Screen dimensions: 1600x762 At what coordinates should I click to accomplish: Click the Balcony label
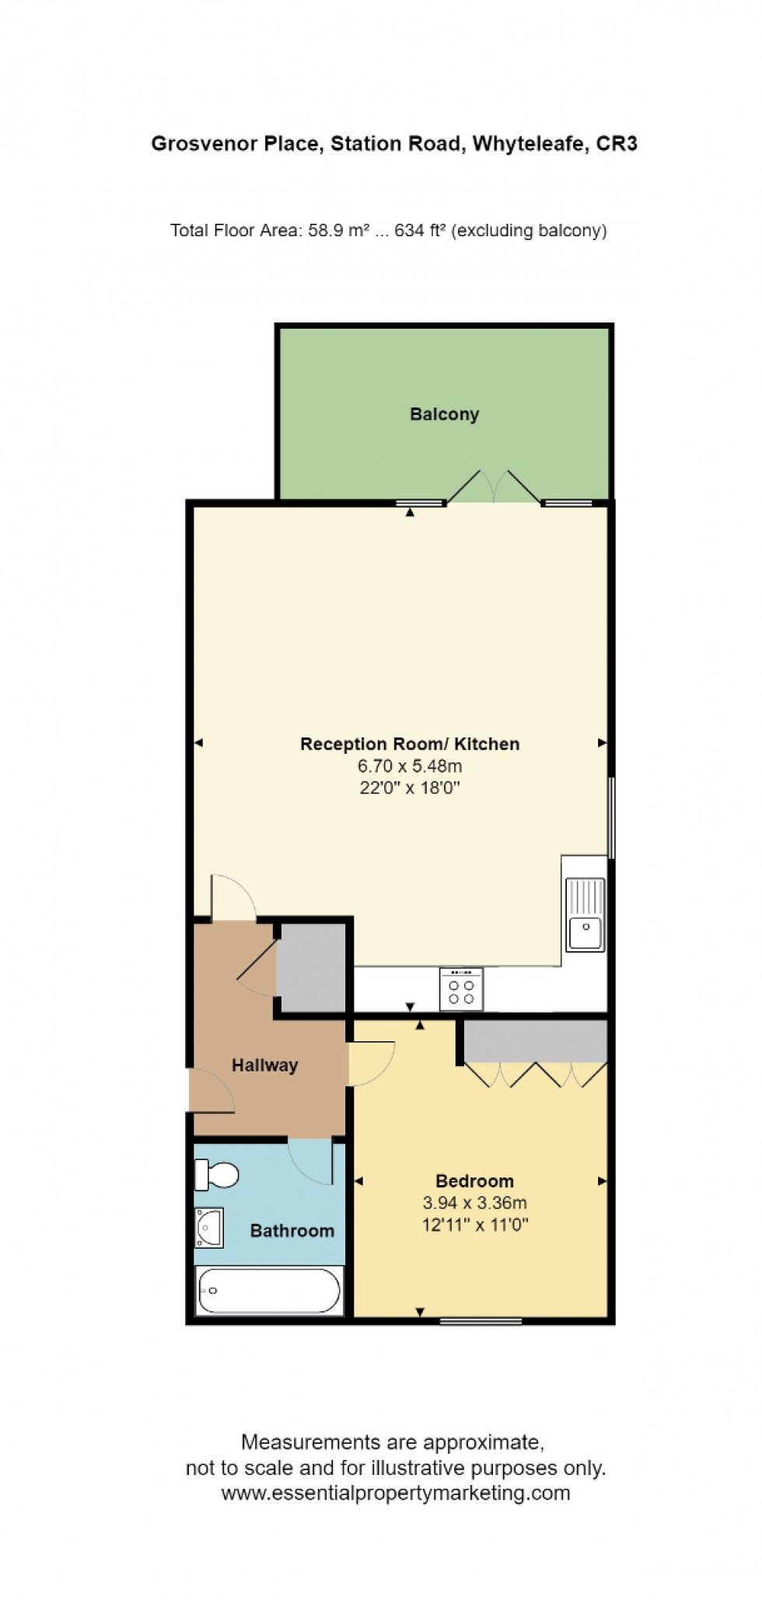coord(444,414)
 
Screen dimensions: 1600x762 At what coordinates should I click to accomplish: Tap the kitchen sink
coord(585,914)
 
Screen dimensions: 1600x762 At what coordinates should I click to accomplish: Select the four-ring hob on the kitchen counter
coord(461,989)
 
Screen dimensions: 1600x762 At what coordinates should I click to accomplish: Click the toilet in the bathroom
coord(216,1175)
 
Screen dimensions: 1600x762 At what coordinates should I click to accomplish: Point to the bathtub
coord(269,1291)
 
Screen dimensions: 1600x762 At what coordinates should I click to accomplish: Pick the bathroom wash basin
coord(209,1227)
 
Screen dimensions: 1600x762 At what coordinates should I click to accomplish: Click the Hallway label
coord(264,1065)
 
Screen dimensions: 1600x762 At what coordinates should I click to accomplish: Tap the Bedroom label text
coord(474,1181)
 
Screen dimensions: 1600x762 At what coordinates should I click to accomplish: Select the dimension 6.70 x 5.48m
coord(410,766)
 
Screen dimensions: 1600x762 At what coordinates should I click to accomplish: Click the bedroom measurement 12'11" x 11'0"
coord(475,1225)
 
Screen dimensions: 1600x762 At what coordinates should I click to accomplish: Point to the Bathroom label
coord(292,1231)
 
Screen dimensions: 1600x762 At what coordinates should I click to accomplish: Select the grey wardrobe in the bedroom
coord(536,1041)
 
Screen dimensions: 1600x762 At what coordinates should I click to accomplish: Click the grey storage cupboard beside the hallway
coord(312,967)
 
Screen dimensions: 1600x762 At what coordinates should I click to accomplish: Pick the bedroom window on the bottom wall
coord(480,1320)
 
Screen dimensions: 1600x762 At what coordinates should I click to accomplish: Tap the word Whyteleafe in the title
coord(528,144)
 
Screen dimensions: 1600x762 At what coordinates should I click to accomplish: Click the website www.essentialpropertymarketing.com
coord(395,1493)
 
